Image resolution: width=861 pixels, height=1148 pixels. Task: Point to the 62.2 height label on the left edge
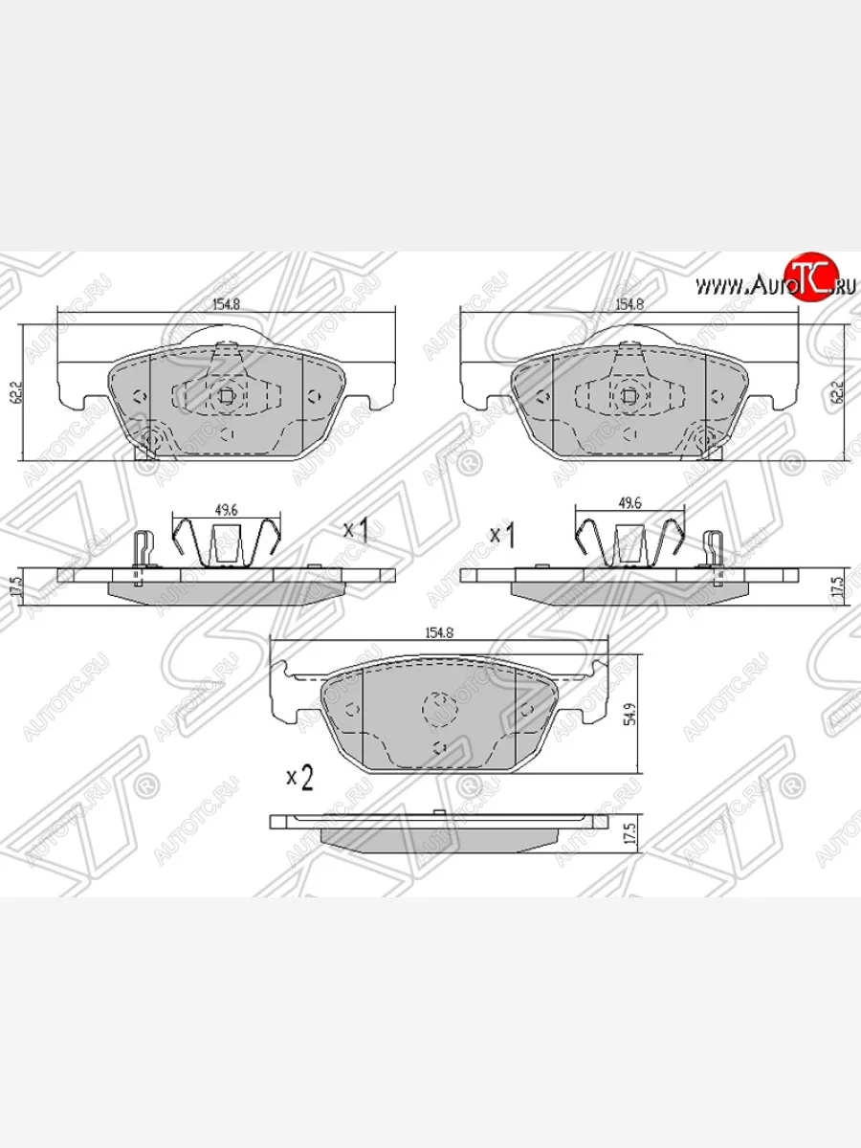click(x=17, y=393)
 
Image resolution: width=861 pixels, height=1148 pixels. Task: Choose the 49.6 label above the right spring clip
click(x=629, y=502)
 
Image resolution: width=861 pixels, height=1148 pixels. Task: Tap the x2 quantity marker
click(x=299, y=779)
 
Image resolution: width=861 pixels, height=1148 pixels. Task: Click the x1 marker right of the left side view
click(x=357, y=532)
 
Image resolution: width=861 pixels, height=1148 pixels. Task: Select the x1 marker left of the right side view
click(x=503, y=534)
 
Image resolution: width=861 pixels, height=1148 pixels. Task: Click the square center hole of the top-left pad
click(x=226, y=395)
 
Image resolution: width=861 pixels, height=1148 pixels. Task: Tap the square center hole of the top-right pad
click(x=629, y=395)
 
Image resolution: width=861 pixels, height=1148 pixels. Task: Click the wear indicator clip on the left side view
click(x=142, y=555)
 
